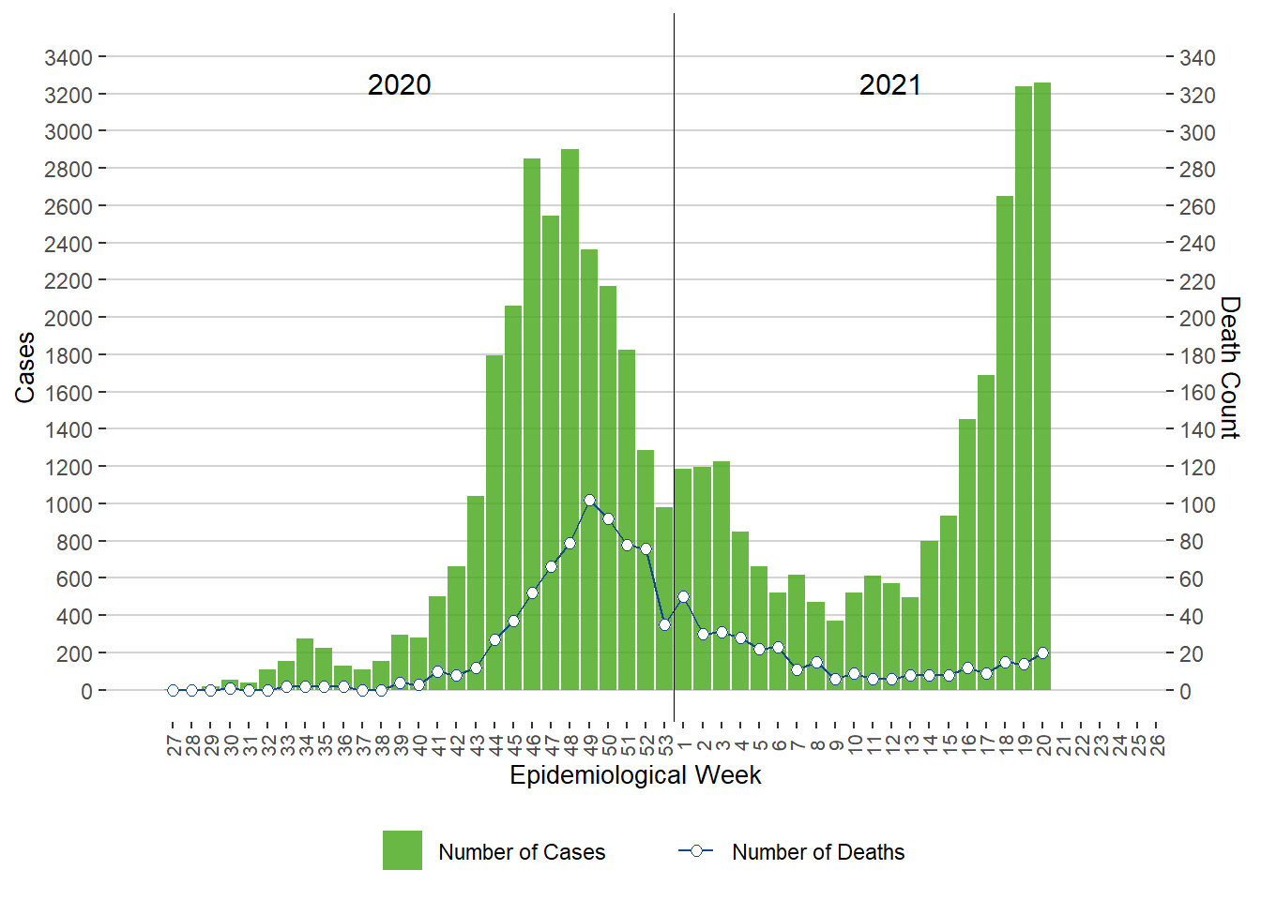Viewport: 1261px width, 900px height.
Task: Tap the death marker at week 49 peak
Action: point(589,501)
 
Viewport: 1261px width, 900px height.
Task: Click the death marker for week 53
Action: point(664,624)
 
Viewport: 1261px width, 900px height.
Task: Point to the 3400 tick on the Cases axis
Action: point(68,58)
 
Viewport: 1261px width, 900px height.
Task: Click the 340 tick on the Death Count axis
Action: point(1197,58)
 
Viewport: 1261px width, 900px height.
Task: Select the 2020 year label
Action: point(400,85)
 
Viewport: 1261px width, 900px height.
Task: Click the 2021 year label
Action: point(890,85)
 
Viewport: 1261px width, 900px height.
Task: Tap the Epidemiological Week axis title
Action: point(635,775)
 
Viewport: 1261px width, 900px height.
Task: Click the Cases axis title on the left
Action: point(25,367)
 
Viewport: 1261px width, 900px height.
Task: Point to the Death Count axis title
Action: point(1230,367)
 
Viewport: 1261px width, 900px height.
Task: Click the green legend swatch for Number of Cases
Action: point(403,850)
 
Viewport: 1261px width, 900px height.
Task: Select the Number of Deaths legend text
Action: point(818,852)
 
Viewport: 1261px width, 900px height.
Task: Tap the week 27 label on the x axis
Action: point(174,745)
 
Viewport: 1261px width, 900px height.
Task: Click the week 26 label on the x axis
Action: point(1157,745)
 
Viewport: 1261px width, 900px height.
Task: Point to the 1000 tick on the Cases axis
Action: point(68,504)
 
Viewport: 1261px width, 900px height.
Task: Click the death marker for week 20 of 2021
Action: point(1042,653)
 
